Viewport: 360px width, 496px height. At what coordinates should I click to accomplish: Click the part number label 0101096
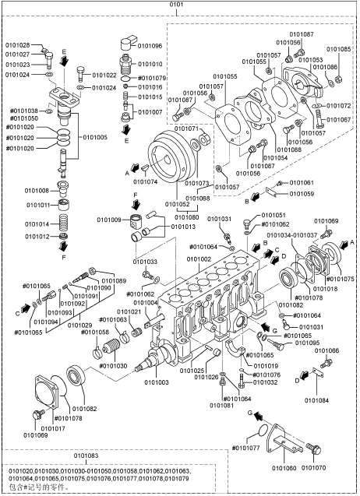click(x=150, y=46)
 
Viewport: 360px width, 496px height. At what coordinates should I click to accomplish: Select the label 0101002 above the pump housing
click(x=199, y=259)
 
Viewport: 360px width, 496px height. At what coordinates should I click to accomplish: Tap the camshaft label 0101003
click(x=157, y=382)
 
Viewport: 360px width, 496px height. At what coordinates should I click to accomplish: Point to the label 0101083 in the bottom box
click(x=86, y=456)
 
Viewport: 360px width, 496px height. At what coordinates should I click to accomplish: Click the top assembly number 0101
click(x=176, y=5)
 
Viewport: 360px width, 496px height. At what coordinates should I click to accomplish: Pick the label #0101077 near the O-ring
click(x=245, y=449)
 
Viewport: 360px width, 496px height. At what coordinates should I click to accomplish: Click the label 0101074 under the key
click(x=146, y=182)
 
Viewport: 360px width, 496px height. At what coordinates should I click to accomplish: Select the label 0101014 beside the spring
click(x=37, y=224)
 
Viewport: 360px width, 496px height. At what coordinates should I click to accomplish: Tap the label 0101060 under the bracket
click(x=284, y=468)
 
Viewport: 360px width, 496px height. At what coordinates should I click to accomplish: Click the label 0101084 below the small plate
click(x=316, y=400)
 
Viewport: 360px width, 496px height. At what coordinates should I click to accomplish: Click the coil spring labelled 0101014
click(x=64, y=223)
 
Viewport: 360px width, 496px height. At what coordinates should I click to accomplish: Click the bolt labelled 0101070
click(x=314, y=449)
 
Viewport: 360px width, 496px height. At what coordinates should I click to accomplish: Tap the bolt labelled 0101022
click(x=80, y=74)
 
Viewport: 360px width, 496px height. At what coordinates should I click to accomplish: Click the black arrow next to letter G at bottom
click(x=259, y=415)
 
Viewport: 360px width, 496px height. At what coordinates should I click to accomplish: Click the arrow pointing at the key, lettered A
click(x=136, y=168)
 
